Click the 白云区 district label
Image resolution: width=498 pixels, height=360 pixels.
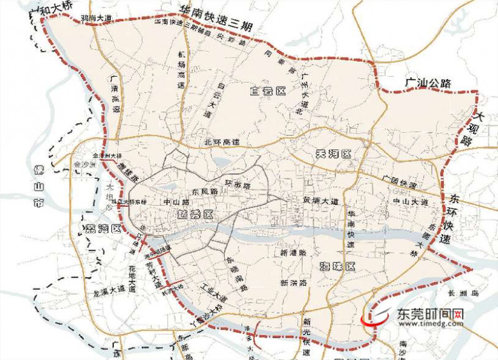(x=267, y=92)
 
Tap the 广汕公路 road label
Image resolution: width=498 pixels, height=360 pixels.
(x=427, y=82)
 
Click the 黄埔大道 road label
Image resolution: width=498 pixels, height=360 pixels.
(x=321, y=201)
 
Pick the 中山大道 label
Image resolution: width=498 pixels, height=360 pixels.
(x=410, y=202)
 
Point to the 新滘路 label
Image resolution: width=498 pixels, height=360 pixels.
(x=293, y=283)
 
